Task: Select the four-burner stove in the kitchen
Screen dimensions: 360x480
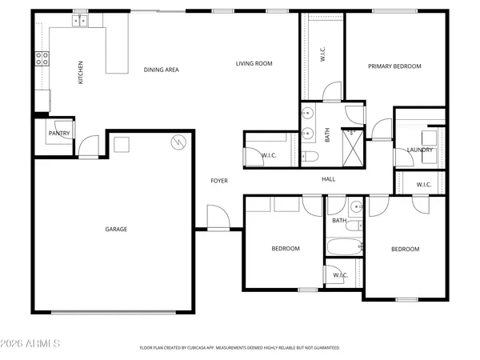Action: click(x=41, y=58)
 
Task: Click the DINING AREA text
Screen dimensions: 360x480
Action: click(x=161, y=70)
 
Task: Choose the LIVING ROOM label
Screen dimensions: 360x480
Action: click(x=254, y=63)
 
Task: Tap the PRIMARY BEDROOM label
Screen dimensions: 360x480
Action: click(x=394, y=66)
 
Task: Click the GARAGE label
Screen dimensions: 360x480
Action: click(x=116, y=229)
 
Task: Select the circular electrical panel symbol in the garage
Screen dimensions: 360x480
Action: click(x=178, y=143)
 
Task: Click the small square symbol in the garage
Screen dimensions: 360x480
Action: click(x=121, y=145)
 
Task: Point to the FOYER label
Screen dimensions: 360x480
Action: click(x=219, y=181)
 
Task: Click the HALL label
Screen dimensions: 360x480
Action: click(x=328, y=179)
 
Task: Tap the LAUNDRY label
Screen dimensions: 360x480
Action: click(x=419, y=150)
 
